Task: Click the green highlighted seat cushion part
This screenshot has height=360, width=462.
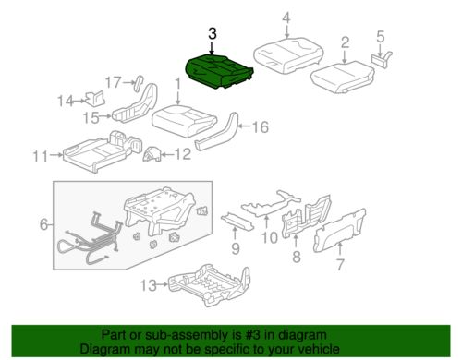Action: pyautogui.click(x=219, y=71)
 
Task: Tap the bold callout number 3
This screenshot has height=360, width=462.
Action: pyautogui.click(x=213, y=33)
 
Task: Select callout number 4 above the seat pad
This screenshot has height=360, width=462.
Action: pyautogui.click(x=286, y=18)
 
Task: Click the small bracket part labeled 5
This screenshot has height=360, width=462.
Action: pyautogui.click(x=382, y=58)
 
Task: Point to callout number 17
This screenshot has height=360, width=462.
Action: pyautogui.click(x=114, y=82)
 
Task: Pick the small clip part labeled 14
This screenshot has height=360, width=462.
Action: pyautogui.click(x=95, y=98)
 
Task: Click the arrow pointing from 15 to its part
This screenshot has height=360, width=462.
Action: pyautogui.click(x=105, y=116)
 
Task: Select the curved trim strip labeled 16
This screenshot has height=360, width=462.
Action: pyautogui.click(x=217, y=132)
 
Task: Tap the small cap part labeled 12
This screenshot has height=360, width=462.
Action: pyautogui.click(x=152, y=154)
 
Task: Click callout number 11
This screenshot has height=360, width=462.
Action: pyautogui.click(x=41, y=156)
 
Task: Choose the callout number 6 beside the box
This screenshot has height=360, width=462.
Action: pyautogui.click(x=43, y=224)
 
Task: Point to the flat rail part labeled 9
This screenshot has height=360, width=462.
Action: pyautogui.click(x=237, y=222)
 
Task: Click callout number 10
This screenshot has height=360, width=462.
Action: pyautogui.click(x=270, y=237)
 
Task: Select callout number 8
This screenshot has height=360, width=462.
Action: pyautogui.click(x=297, y=257)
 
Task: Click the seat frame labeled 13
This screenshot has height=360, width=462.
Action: pyautogui.click(x=210, y=284)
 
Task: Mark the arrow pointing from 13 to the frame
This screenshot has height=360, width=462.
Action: pyautogui.click(x=163, y=285)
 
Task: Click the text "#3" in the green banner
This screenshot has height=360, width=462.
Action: pyautogui.click(x=247, y=335)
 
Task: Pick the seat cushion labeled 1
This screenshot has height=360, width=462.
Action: pyautogui.click(x=183, y=121)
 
